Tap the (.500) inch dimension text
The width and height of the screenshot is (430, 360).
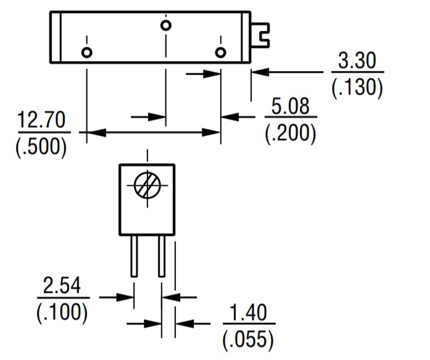(x=41, y=146)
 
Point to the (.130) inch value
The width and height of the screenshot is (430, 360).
(x=357, y=88)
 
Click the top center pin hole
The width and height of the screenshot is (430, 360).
(x=165, y=25)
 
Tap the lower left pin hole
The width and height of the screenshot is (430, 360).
(x=86, y=52)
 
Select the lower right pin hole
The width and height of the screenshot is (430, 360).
(x=220, y=52)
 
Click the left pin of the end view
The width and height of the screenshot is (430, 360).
(x=133, y=256)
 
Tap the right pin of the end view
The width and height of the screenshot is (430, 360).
(x=161, y=256)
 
